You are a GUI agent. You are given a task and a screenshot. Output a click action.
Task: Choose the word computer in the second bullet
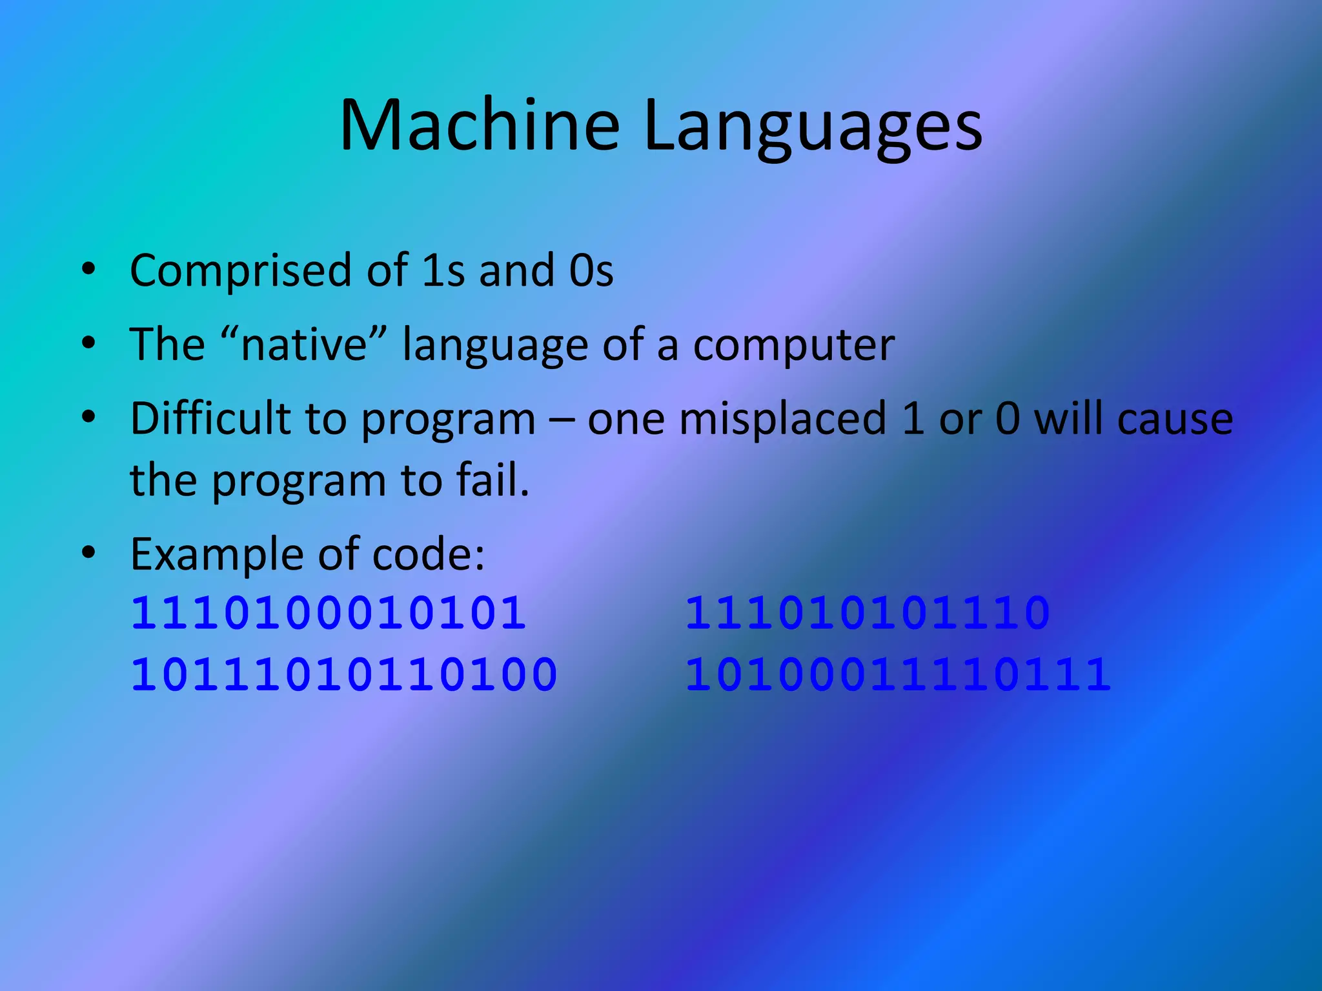(x=793, y=346)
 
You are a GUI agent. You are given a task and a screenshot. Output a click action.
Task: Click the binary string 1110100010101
(x=329, y=612)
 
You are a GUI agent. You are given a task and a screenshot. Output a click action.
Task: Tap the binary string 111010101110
(x=867, y=612)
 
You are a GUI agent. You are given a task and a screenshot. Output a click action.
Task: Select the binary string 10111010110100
(x=344, y=675)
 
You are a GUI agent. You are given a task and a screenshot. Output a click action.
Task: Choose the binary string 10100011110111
(x=898, y=675)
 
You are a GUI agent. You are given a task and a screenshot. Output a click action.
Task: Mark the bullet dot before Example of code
(x=89, y=552)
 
